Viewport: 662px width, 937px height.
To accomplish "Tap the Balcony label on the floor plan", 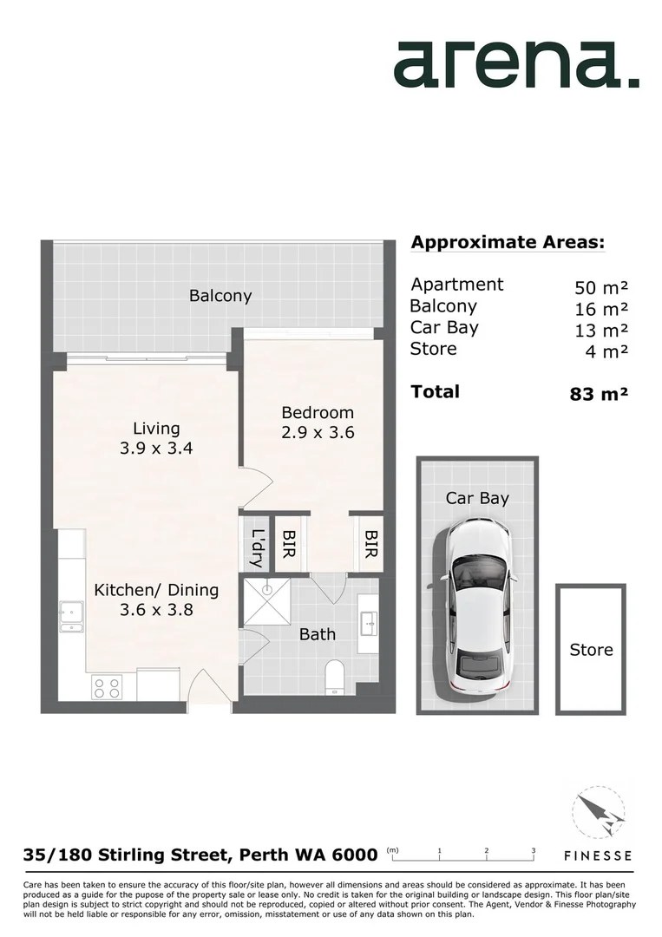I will point(220,296).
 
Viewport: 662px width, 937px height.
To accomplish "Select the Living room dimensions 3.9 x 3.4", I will point(156,449).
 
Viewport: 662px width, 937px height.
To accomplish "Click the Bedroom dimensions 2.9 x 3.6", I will point(318,432).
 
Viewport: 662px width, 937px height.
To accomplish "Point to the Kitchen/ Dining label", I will point(156,590).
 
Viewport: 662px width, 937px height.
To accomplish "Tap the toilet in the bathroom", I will point(336,678).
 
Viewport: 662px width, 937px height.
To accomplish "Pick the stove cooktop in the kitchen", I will point(108,687).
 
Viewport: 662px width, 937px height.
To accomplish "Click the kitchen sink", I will point(71,616).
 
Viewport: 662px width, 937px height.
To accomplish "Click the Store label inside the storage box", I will point(591,650).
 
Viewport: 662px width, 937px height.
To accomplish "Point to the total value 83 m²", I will point(598,394).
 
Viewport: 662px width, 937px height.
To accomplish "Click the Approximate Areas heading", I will point(507,242).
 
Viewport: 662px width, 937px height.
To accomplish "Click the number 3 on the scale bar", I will point(533,850).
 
